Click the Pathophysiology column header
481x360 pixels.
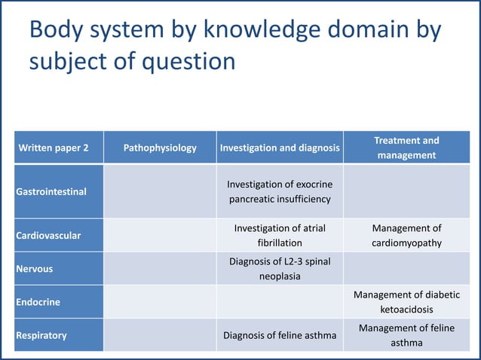[x=160, y=148]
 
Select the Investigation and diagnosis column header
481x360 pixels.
[x=280, y=148]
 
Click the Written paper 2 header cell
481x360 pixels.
[x=54, y=148]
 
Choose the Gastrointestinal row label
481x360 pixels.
[x=51, y=191]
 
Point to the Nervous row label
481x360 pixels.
[x=35, y=269]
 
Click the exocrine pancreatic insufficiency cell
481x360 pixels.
[x=280, y=191]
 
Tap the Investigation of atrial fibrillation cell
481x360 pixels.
[x=280, y=236]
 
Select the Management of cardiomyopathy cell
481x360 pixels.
[x=406, y=236]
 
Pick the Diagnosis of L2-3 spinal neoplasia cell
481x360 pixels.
[x=280, y=269]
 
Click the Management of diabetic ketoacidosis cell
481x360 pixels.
[x=406, y=302]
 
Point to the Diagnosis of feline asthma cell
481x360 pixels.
[x=280, y=335]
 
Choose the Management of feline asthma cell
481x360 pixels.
[x=406, y=335]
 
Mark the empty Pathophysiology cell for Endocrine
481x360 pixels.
[x=160, y=302]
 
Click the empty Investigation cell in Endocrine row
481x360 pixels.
[x=280, y=302]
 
